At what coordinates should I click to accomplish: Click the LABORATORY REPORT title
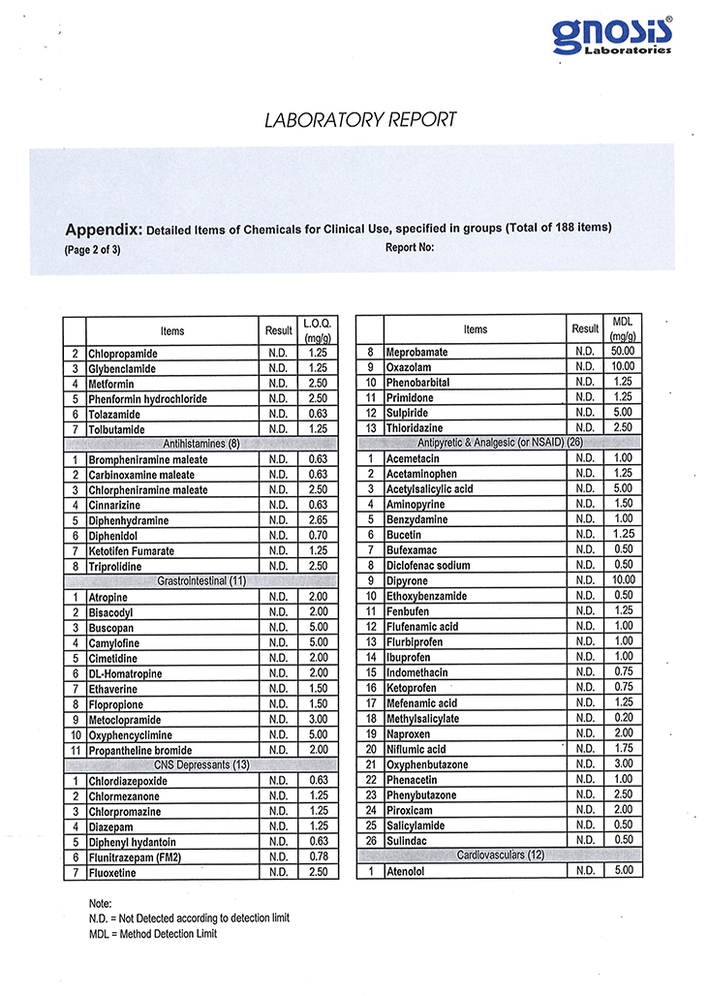pos(360,120)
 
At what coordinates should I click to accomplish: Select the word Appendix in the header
pos(103,231)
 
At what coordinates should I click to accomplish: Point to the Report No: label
pos(410,247)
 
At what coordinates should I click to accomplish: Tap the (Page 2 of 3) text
pos(93,249)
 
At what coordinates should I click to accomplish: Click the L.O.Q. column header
pos(318,330)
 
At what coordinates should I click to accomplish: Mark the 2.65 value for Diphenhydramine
pos(318,521)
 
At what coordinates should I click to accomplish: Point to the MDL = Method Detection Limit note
pos(153,934)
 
